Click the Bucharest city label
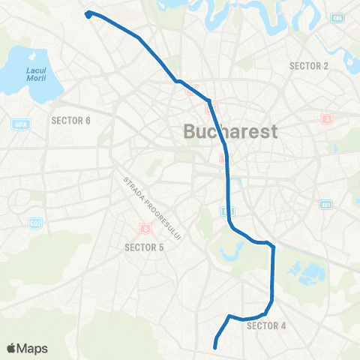pos(231,132)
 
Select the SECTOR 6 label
pos(70,120)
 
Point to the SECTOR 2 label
pos(309,66)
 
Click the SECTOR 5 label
pos(144,246)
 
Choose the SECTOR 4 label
pos(266,325)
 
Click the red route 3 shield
pos(326,118)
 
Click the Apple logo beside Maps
pos(12,349)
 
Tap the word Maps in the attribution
pos(33,349)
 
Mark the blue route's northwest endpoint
pos(88,13)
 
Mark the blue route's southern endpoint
pos(215,346)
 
